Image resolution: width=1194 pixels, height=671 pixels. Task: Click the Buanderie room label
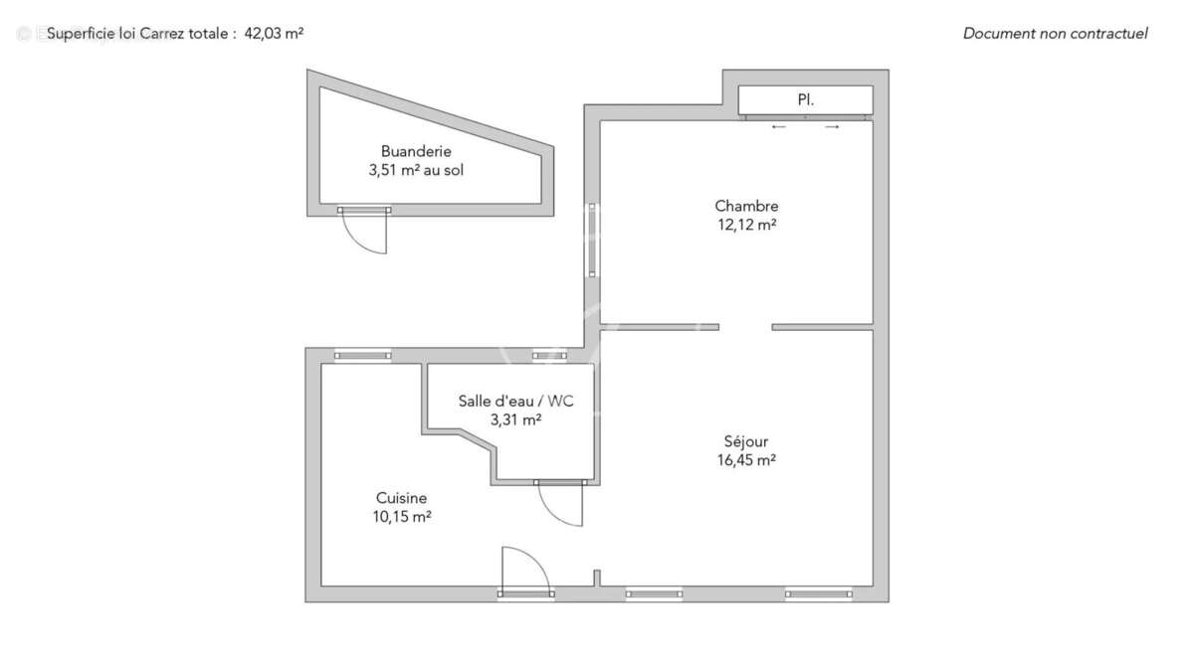416,151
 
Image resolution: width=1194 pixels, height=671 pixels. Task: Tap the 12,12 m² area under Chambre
745,225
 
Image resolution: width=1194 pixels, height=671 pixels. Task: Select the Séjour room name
745,441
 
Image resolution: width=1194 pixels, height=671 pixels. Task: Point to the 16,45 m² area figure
745,460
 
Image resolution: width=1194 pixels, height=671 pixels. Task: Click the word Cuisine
401,498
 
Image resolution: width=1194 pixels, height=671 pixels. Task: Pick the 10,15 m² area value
401,517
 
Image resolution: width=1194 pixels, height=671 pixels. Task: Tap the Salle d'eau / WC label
515,401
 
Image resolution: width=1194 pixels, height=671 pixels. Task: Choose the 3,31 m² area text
515,419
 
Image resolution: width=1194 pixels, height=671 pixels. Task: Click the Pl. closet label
805,100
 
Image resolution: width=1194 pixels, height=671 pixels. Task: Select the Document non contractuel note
1055,33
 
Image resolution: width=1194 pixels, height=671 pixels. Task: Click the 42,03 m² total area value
274,33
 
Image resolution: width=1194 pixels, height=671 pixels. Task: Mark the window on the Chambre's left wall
592,240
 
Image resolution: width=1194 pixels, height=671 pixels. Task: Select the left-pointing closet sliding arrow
779,126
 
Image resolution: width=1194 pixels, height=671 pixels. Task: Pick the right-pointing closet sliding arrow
832,126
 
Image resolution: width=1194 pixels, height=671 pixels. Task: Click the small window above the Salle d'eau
543,355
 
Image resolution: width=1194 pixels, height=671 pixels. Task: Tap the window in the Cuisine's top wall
363,355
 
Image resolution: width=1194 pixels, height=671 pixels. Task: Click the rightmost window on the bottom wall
819,594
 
